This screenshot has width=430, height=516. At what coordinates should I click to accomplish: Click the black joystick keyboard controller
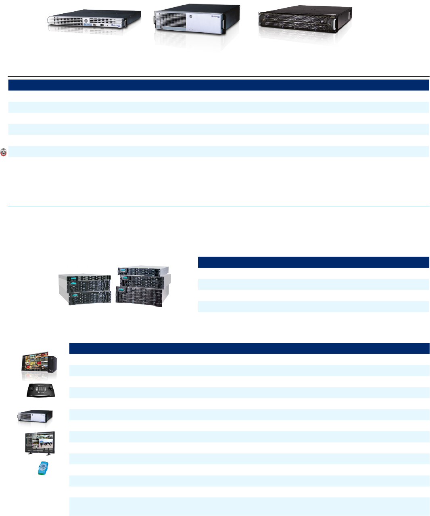(x=41, y=391)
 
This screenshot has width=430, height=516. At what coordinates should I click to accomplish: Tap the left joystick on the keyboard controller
(x=31, y=389)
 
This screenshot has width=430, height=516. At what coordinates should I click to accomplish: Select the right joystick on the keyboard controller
(x=50, y=389)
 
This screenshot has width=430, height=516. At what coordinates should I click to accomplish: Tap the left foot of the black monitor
(x=28, y=453)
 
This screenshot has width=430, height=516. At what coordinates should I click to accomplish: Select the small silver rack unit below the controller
(x=35, y=416)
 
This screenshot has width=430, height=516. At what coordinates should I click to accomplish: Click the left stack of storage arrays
(x=85, y=289)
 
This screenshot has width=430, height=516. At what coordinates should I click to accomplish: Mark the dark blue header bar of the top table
(x=218, y=85)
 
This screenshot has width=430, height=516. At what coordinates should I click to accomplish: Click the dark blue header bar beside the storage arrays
(x=313, y=262)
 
